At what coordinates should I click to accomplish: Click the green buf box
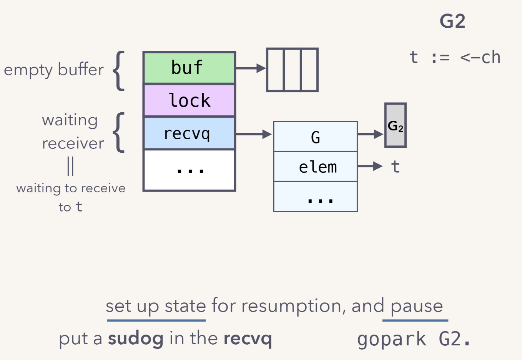click(x=189, y=68)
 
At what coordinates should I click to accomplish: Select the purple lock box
click(x=189, y=100)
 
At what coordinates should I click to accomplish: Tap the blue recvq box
click(x=189, y=133)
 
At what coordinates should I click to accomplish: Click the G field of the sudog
click(x=315, y=137)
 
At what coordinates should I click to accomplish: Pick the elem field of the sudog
click(x=315, y=167)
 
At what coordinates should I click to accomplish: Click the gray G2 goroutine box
click(x=395, y=125)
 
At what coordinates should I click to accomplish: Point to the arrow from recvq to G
click(x=254, y=134)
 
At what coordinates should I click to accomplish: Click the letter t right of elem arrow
click(x=395, y=167)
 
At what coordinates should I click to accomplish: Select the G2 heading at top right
click(x=452, y=21)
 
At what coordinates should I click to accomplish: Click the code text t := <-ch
click(x=455, y=58)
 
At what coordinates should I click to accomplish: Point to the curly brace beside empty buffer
click(x=119, y=71)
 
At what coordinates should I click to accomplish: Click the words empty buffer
click(x=54, y=70)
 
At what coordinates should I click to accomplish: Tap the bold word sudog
click(x=135, y=338)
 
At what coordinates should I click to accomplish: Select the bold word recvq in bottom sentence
click(x=248, y=338)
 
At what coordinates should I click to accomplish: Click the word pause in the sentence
click(x=417, y=306)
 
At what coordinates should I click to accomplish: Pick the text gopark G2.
click(x=414, y=339)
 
